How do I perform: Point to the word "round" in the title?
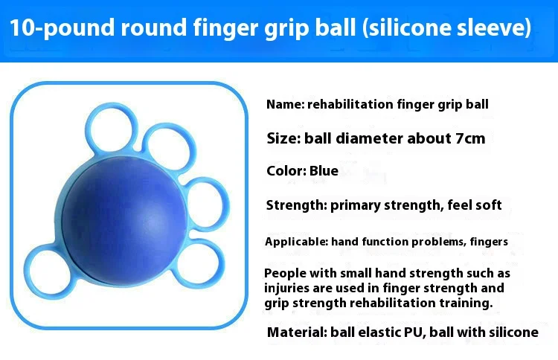[153, 27]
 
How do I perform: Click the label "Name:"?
[286, 105]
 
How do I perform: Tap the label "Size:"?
[284, 138]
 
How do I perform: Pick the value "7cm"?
[470, 138]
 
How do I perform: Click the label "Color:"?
[286, 171]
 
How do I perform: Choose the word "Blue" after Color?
[324, 171]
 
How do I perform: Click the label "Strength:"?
[296, 205]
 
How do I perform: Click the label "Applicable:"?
[296, 242]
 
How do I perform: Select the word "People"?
[285, 273]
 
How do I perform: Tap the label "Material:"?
[297, 332]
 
